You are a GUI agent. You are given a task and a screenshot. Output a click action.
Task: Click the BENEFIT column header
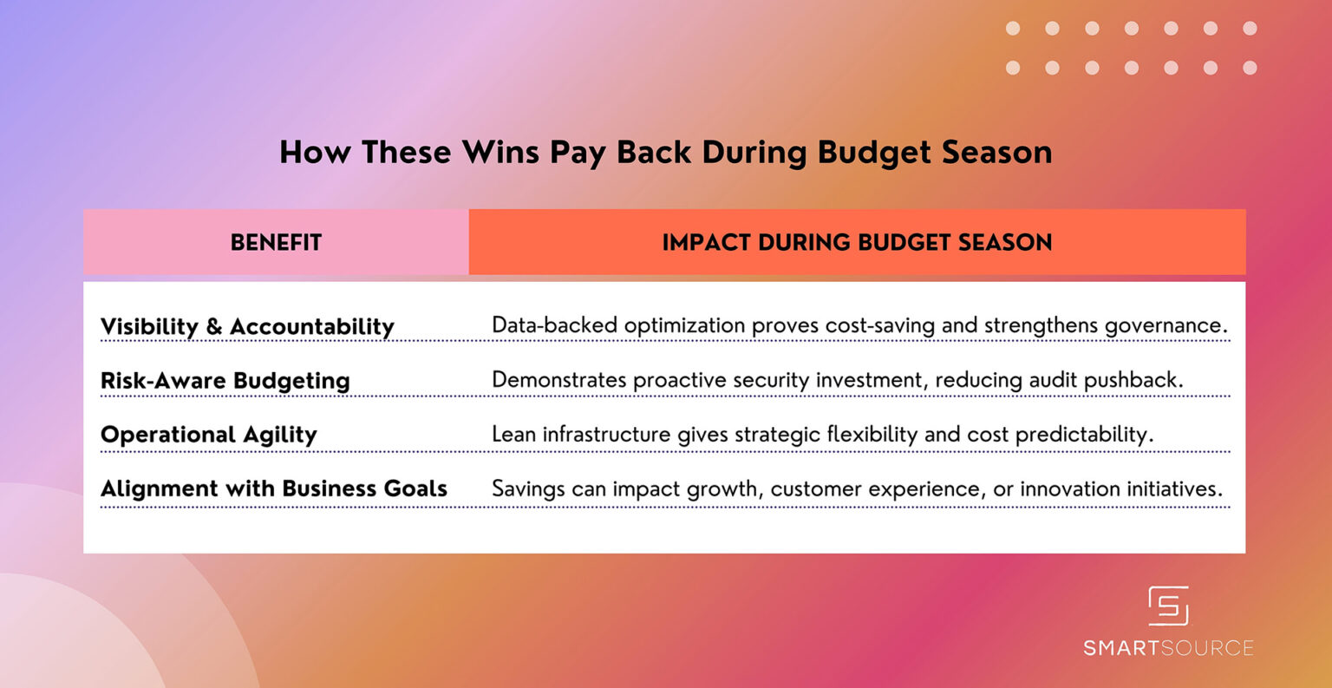click(276, 242)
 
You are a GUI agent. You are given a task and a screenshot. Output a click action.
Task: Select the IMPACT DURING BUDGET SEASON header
click(857, 242)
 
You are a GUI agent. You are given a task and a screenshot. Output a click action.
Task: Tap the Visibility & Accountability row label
click(247, 327)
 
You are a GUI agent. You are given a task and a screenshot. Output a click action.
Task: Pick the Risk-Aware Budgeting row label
click(225, 381)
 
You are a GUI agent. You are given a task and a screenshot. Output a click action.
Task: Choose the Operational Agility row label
click(209, 435)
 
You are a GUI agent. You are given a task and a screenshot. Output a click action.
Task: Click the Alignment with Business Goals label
click(274, 488)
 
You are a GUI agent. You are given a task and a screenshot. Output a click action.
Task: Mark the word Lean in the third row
click(513, 434)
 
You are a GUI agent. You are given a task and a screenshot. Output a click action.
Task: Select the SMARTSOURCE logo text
click(1168, 648)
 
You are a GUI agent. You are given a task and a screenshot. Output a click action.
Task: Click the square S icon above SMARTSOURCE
click(1168, 606)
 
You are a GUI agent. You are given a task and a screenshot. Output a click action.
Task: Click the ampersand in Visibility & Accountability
click(214, 327)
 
